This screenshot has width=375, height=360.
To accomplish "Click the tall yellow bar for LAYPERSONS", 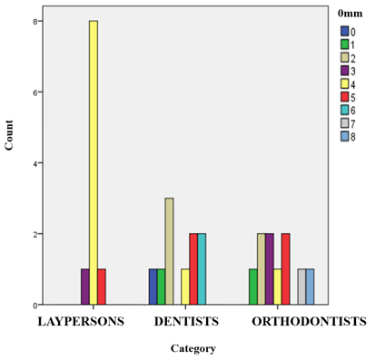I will tap(93, 163).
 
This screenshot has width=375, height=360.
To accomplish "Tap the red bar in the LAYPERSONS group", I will tap(101, 287).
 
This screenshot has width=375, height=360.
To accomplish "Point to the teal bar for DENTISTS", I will tap(202, 270).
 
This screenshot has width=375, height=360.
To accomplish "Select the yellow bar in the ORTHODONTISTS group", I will tap(277, 287).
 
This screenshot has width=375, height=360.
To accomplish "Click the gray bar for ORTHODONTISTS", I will tap(301, 287).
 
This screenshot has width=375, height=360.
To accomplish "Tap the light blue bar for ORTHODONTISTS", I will tap(310, 287).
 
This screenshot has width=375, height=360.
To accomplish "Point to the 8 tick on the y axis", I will tap(40, 21).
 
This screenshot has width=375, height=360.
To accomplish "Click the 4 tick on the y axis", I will tap(40, 163).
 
